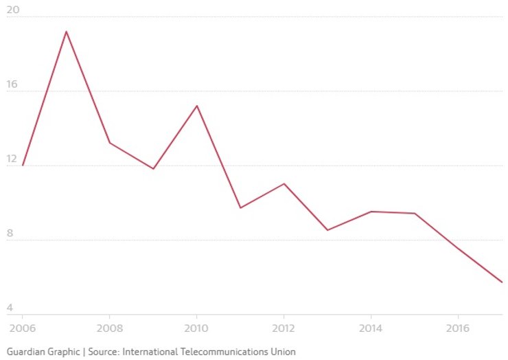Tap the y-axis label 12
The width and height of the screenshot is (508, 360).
pyautogui.click(x=12, y=158)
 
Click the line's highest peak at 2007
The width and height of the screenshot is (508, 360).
pyautogui.click(x=66, y=32)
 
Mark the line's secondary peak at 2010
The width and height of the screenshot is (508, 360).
pyautogui.click(x=197, y=106)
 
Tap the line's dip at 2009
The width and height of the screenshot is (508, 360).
pyautogui.click(x=153, y=168)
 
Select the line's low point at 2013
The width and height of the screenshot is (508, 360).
pyautogui.click(x=327, y=230)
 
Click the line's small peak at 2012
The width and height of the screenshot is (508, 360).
pyautogui.click(x=284, y=183)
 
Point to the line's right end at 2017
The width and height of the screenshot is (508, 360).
pyautogui.click(x=502, y=282)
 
